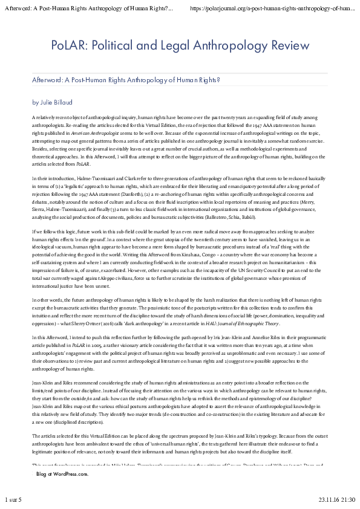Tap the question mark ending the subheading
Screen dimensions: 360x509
click(218, 80)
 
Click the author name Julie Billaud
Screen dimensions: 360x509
click(56, 102)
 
